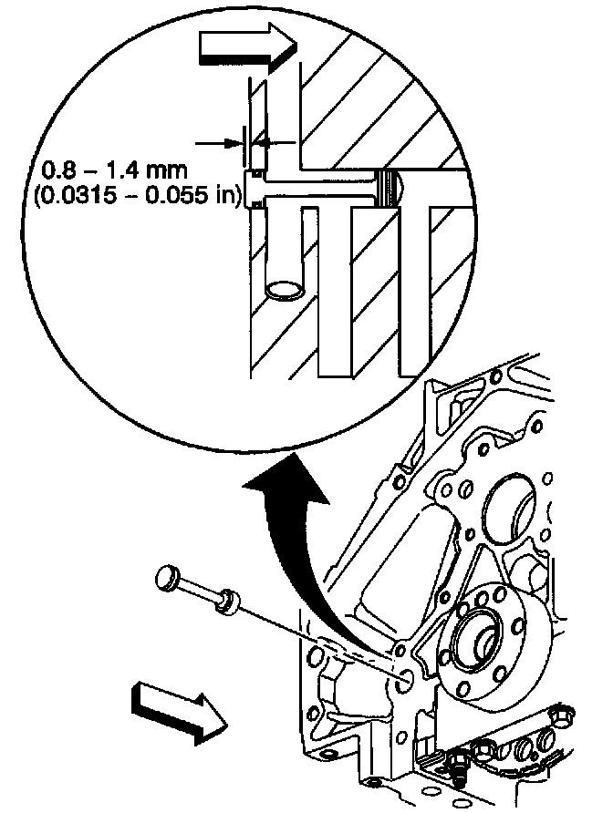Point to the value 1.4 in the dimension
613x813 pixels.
(x=127, y=170)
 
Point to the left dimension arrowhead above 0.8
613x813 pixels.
(x=233, y=141)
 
